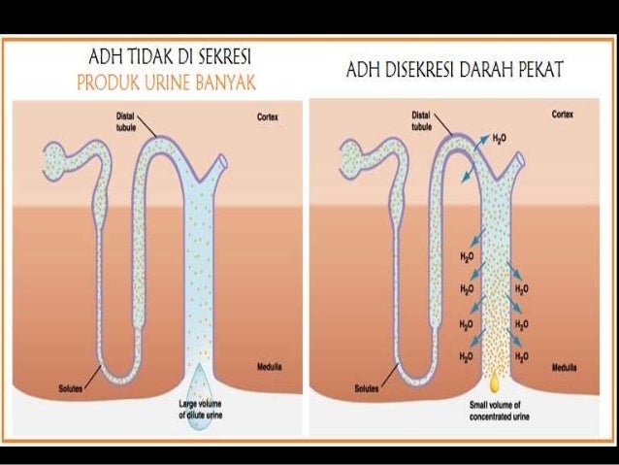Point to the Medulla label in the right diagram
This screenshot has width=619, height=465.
(566, 369)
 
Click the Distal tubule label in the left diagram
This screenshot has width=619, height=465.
(115, 120)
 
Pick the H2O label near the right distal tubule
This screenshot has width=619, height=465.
(500, 139)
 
